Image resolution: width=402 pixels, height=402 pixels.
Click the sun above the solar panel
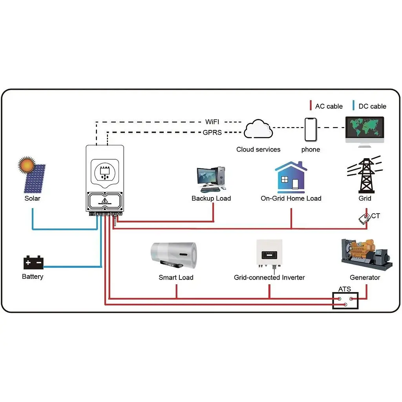tap(27, 165)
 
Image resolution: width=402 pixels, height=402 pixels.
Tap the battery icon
tap(33, 262)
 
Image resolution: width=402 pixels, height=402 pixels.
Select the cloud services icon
tap(258, 130)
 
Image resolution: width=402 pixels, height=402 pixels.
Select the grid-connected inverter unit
tap(269, 253)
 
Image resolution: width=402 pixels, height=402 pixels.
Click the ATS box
tap(345, 301)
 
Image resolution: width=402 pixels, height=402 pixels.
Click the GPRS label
tap(212, 133)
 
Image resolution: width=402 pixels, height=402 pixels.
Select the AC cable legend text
tap(329, 106)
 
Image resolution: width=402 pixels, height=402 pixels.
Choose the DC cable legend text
tap(372, 106)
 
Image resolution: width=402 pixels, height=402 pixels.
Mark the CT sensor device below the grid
tap(364, 220)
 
